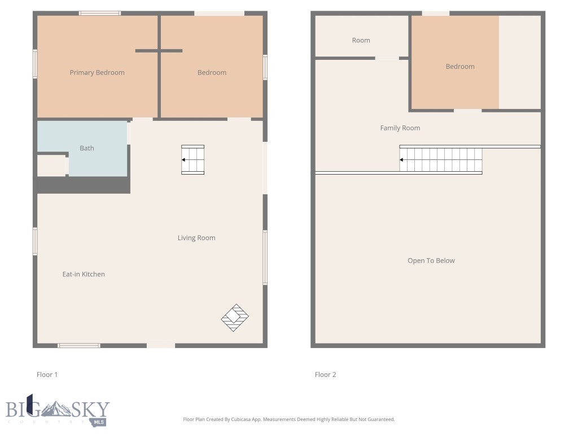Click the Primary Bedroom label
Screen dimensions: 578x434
(x=97, y=72)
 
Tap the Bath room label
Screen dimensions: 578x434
(x=87, y=148)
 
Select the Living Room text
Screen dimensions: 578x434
(x=196, y=238)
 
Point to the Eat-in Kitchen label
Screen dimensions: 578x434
(x=84, y=274)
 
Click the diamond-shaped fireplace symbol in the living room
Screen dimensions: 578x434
(x=235, y=318)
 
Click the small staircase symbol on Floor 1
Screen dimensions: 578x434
(x=192, y=160)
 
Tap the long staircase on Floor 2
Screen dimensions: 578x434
(x=441, y=160)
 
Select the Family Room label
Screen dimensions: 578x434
(x=400, y=128)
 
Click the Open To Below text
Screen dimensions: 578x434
(x=431, y=261)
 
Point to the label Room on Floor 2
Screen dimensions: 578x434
(x=361, y=40)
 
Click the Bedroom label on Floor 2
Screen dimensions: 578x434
(x=460, y=66)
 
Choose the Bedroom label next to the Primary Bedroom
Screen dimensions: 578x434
(x=212, y=72)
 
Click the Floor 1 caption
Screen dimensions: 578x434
(x=47, y=375)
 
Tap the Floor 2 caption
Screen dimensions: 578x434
(x=326, y=375)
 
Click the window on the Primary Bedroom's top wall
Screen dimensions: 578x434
(x=99, y=13)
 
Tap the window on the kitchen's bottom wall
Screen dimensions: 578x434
(x=79, y=345)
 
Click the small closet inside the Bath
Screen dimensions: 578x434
(x=51, y=165)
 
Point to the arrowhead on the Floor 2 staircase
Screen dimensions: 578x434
(x=402, y=160)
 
